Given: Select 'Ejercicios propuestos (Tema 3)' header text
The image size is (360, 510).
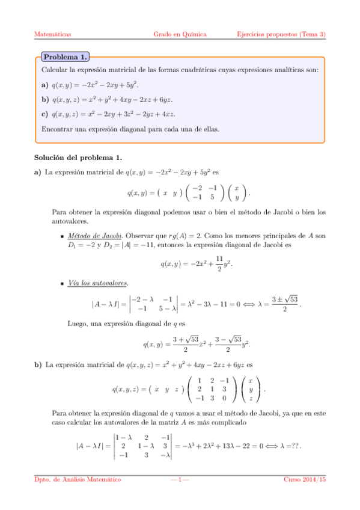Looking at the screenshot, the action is click(281, 34).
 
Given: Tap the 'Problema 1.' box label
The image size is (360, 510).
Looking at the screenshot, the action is click(65, 57).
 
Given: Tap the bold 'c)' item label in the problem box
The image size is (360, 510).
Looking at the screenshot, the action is click(45, 114).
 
